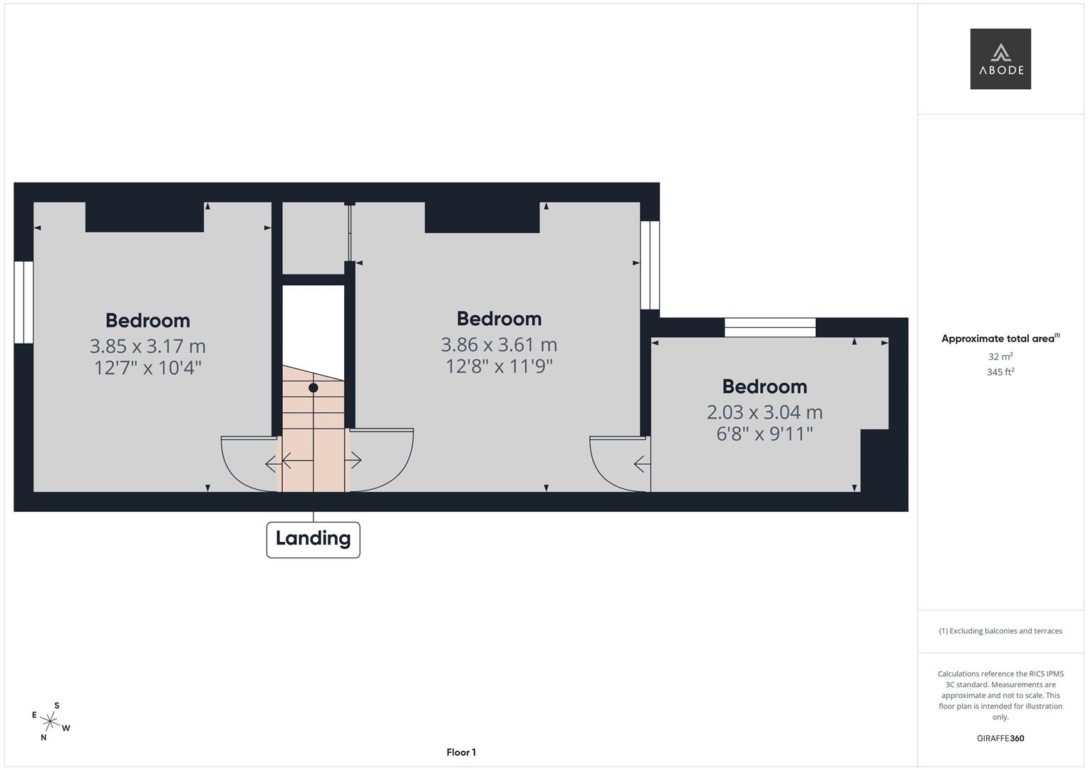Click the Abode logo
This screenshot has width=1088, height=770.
pos(1000,59)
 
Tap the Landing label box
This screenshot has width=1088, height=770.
pos(313,539)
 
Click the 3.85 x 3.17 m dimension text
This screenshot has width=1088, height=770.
pos(147,346)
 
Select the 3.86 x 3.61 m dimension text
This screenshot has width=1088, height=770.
pos(499,345)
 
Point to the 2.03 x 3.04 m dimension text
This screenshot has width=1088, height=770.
pos(765,412)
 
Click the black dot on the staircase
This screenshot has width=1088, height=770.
pos(314,388)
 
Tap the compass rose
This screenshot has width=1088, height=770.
pos(50,722)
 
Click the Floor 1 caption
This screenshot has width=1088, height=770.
pos(461,752)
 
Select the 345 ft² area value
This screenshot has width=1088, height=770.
pos(1000,372)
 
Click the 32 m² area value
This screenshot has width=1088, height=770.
pos(1000,356)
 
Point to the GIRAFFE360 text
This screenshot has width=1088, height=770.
pos(1000,739)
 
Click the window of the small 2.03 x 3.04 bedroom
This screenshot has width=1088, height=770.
pos(770,327)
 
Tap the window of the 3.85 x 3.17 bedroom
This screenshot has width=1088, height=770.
pos(24,302)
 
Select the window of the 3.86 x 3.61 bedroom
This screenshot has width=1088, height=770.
pos(650,265)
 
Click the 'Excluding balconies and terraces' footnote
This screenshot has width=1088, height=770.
pos(1000,631)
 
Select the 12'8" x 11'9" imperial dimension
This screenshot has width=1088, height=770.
pos(499,366)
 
